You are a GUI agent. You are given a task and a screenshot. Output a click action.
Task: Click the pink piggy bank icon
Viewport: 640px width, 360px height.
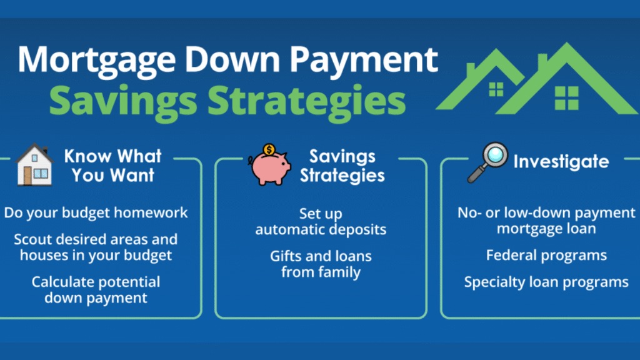(270, 167)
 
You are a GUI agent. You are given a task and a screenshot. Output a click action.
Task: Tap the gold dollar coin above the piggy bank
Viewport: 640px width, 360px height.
(269, 150)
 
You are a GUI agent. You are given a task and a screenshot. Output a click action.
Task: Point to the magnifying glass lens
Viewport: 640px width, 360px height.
(496, 155)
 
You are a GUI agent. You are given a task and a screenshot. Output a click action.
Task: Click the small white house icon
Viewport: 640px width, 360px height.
(35, 164)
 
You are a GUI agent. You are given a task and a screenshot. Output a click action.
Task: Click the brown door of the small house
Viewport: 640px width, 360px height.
(27, 176)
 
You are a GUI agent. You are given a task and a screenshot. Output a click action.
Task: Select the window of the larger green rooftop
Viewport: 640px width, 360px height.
(566, 98)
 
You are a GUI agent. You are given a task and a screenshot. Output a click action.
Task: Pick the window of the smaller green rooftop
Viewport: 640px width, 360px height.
(496, 89)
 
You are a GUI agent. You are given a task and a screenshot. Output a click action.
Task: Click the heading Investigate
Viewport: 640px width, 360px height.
(561, 162)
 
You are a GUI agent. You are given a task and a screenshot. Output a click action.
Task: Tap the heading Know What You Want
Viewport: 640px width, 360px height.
(113, 166)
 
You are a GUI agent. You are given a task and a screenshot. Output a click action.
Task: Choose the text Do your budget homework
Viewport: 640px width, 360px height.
(96, 212)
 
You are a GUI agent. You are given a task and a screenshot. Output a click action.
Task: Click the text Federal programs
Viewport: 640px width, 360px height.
(546, 256)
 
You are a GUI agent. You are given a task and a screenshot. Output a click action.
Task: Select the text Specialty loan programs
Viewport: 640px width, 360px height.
(546, 282)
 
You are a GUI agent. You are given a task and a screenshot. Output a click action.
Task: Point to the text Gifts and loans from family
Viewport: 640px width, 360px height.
(321, 264)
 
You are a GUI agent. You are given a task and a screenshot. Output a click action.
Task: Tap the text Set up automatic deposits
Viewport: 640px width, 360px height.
(321, 222)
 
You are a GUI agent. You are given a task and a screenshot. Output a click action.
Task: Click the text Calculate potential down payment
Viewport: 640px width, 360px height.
(96, 290)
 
